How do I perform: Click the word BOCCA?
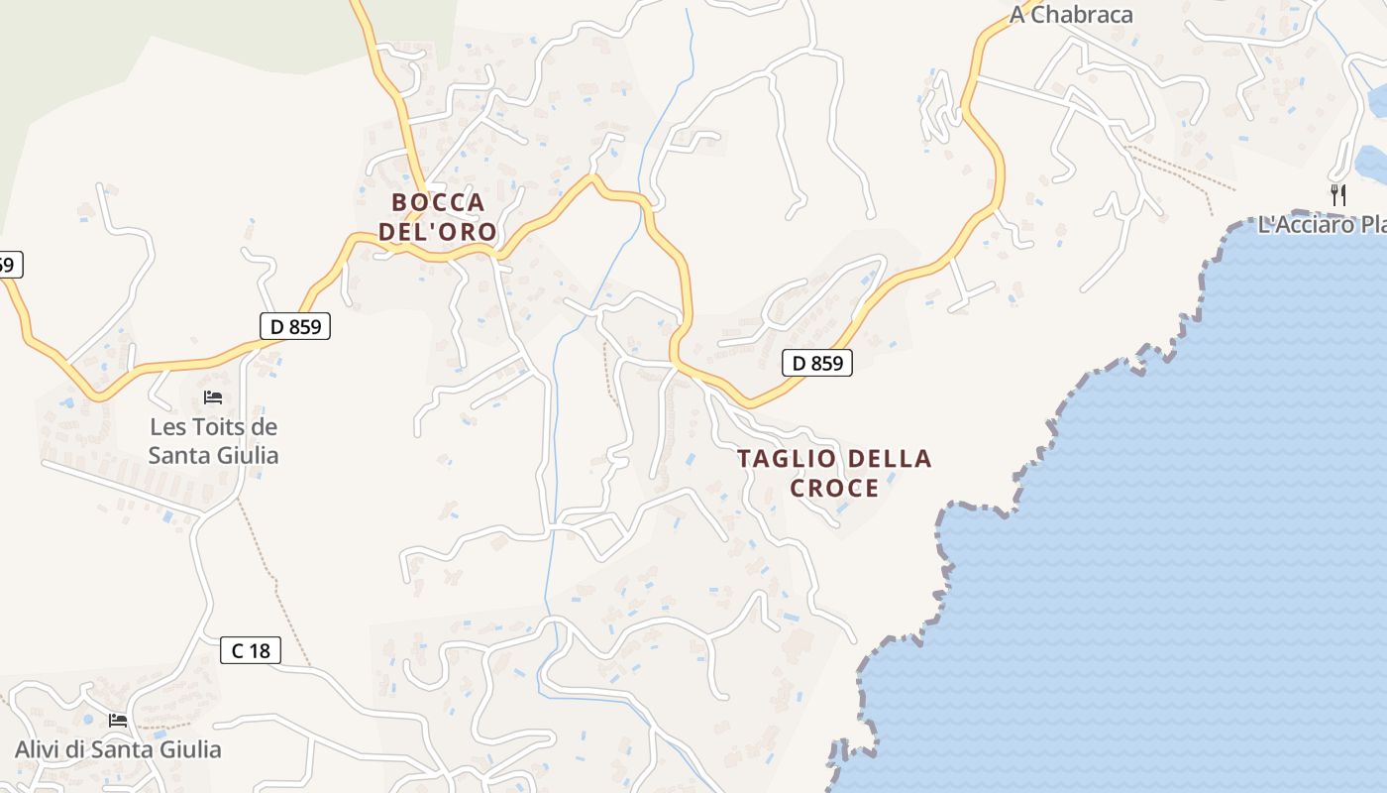438,203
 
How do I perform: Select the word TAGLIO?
782,459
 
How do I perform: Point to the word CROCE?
834,489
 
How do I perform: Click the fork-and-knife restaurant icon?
1338,195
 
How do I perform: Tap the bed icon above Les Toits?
213,398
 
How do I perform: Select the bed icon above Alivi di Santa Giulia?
118,721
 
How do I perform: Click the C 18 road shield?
251,651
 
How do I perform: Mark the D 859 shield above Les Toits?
295,326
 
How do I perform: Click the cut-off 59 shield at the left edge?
8,265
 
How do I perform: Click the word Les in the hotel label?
167,428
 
